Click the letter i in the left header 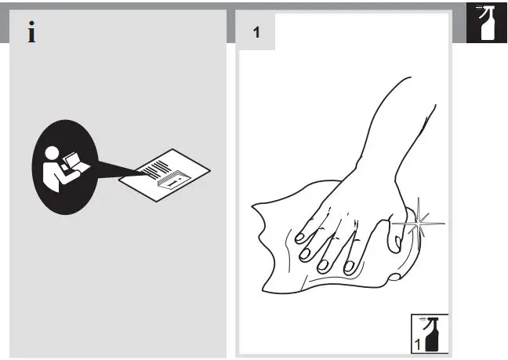tap(31, 33)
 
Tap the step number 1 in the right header tap(256, 33)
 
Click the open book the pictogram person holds tap(75, 164)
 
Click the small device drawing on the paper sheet tap(170, 182)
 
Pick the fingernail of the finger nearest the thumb tap(351, 267)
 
